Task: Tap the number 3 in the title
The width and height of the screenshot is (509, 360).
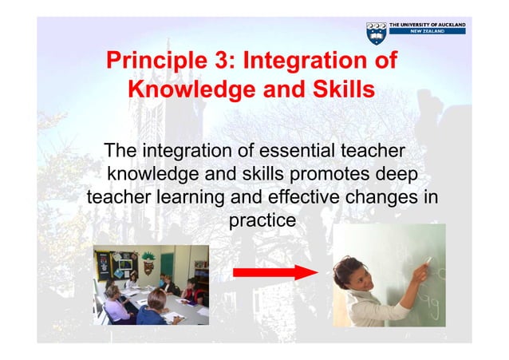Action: pos(230,61)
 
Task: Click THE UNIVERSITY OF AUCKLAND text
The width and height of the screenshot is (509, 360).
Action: pos(428,26)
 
